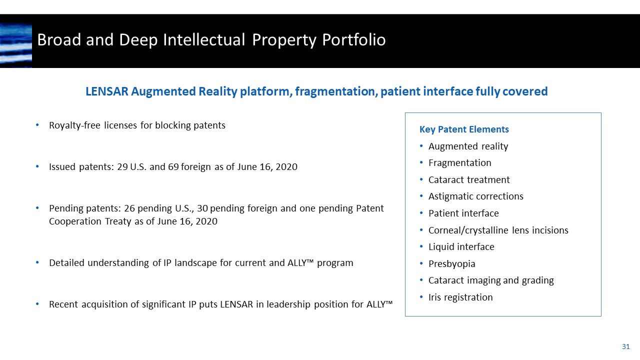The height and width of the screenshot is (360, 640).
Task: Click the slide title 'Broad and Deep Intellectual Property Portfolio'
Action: tap(211, 40)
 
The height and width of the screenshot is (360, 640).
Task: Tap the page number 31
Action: tap(625, 346)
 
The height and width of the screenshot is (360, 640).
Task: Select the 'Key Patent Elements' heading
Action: tap(464, 129)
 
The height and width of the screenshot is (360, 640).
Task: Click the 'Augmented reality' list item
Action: tap(468, 146)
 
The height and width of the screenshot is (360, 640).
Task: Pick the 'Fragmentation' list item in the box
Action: tap(459, 163)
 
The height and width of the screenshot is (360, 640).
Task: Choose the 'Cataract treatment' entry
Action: tap(469, 180)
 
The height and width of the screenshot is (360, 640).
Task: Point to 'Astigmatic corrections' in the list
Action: tap(475, 196)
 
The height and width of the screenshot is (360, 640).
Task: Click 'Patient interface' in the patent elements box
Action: tap(463, 213)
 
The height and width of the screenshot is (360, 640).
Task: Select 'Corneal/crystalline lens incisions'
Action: tap(498, 230)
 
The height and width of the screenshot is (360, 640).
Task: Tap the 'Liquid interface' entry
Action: tap(461, 247)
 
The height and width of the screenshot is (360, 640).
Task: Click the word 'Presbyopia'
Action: tap(451, 264)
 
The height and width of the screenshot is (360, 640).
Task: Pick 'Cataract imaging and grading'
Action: tap(491, 280)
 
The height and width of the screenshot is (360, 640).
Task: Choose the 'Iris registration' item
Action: tap(460, 297)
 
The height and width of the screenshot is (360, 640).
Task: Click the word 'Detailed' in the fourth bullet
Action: tap(67, 263)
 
